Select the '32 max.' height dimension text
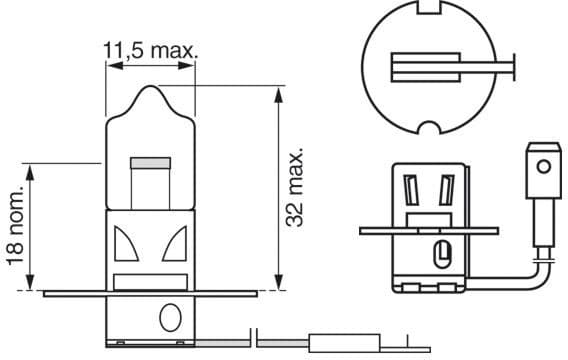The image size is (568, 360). point(294,189)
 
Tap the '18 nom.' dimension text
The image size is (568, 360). point(15,225)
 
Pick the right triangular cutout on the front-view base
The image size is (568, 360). point(175,240)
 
